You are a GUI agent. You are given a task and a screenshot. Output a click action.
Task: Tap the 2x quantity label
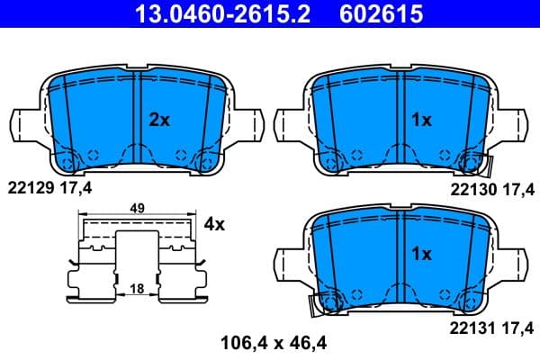click(x=158, y=120)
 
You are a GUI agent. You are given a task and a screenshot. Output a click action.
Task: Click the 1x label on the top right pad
click(x=421, y=120)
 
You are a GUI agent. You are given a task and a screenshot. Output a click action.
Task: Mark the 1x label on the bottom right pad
click(x=421, y=255)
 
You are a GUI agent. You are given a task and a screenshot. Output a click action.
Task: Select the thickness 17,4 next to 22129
click(x=75, y=188)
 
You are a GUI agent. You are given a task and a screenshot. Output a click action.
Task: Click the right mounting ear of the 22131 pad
click(x=516, y=259)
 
